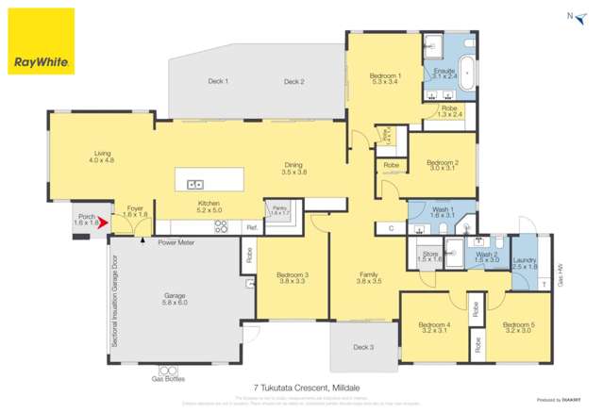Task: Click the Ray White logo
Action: (41, 41)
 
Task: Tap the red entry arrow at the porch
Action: (103, 223)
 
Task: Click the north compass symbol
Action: (570, 16)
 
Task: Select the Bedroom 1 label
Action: (385, 75)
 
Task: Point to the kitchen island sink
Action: (195, 184)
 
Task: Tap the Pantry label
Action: (278, 207)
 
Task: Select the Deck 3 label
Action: (363, 347)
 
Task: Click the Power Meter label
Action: (175, 242)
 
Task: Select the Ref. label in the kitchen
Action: (252, 227)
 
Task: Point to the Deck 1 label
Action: (218, 82)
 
